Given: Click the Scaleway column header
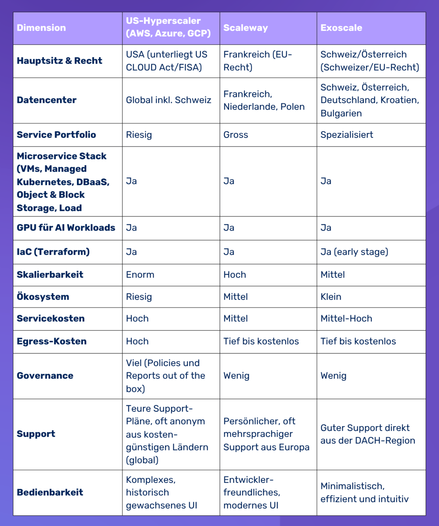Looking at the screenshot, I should coord(245,28).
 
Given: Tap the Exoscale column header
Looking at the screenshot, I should coord(341,28).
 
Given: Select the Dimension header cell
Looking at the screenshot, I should coord(41,28).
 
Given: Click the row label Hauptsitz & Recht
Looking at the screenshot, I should coord(59,61).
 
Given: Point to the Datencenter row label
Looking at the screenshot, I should coord(47,100).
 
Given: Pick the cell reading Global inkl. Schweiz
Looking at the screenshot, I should coord(168,100).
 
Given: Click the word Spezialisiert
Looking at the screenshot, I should coord(347,135).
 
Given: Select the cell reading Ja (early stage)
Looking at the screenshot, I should coord(354,252).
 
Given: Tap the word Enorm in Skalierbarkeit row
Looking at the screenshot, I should coord(140,275).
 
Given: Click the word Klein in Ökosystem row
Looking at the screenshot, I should coord(331,297).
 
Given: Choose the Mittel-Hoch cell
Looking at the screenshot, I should coord(346,319).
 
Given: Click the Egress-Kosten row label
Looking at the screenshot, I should coord(52,341).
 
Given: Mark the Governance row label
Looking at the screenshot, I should coord(45,376).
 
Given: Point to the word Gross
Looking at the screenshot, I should coord(236,135).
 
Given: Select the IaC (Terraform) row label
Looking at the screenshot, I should coord(53,252).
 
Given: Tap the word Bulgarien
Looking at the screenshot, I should coord(341,113).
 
